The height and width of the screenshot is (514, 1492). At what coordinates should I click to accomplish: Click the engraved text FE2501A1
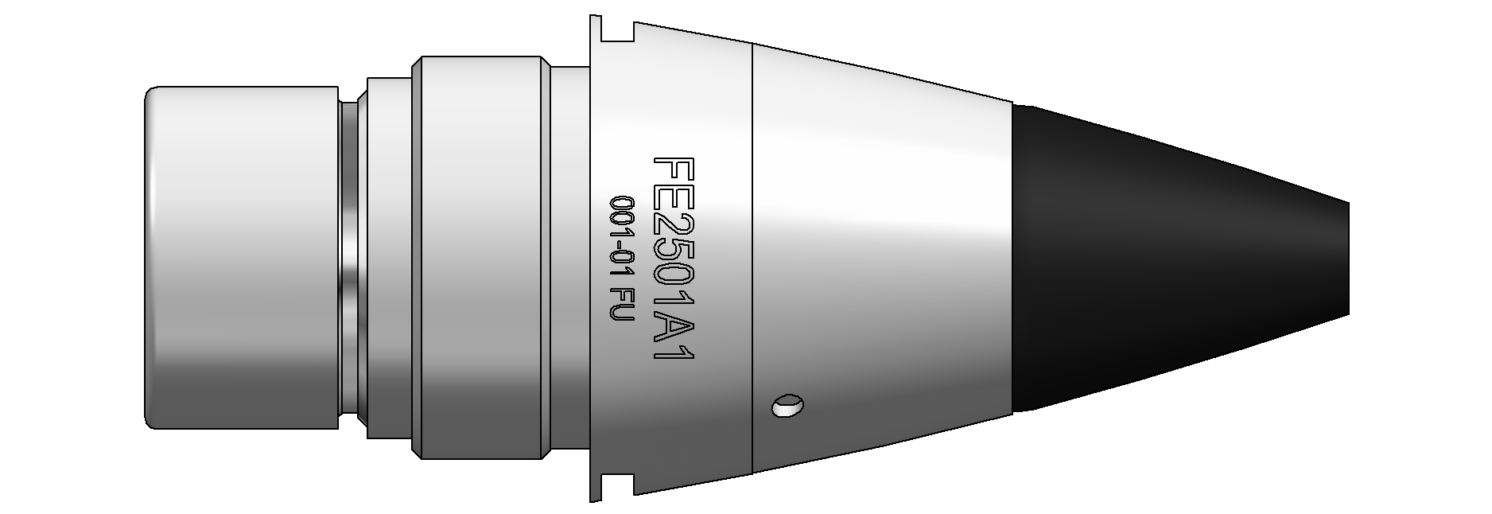tap(674, 259)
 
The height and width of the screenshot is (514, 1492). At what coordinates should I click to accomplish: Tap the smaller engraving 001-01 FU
tap(618, 259)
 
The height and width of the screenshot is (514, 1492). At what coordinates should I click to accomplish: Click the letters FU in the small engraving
tap(618, 308)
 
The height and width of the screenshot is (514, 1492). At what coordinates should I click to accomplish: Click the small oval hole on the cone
tap(787, 406)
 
